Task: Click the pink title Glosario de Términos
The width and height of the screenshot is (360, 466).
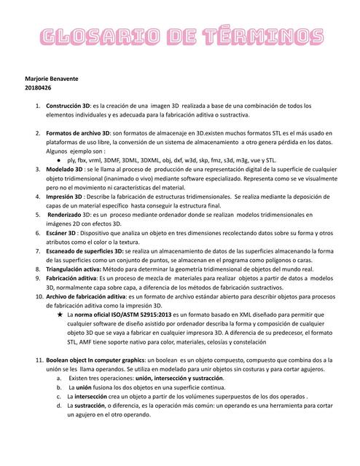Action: tap(180, 36)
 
